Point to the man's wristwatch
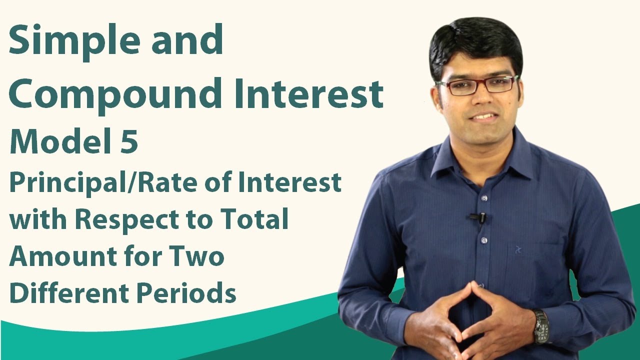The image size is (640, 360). [540, 325]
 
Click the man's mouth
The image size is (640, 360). [483, 116]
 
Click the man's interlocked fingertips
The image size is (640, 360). [471, 290]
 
